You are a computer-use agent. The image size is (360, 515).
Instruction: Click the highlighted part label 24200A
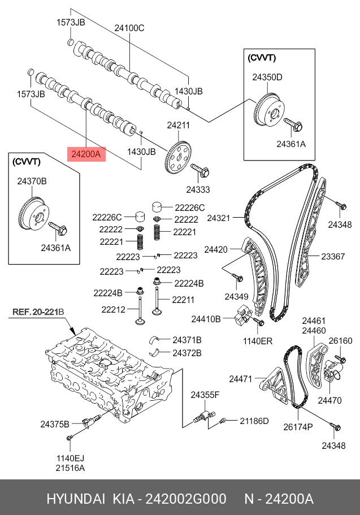[x=86, y=153]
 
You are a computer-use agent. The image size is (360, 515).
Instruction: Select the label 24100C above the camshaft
[x=129, y=28]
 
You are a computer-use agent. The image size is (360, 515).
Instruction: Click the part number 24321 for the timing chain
[x=219, y=218]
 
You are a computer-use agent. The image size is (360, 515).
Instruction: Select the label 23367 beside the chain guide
[x=333, y=256]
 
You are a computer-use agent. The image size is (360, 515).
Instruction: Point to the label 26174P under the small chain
[x=298, y=426]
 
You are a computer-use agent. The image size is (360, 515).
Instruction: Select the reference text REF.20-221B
[x=38, y=312]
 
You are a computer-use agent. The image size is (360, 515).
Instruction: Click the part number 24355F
[x=204, y=395]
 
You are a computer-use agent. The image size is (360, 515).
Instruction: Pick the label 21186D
[x=254, y=421]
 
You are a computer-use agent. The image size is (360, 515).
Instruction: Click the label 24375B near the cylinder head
[x=54, y=423]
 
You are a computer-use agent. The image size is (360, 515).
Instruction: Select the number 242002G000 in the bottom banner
[x=186, y=499]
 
